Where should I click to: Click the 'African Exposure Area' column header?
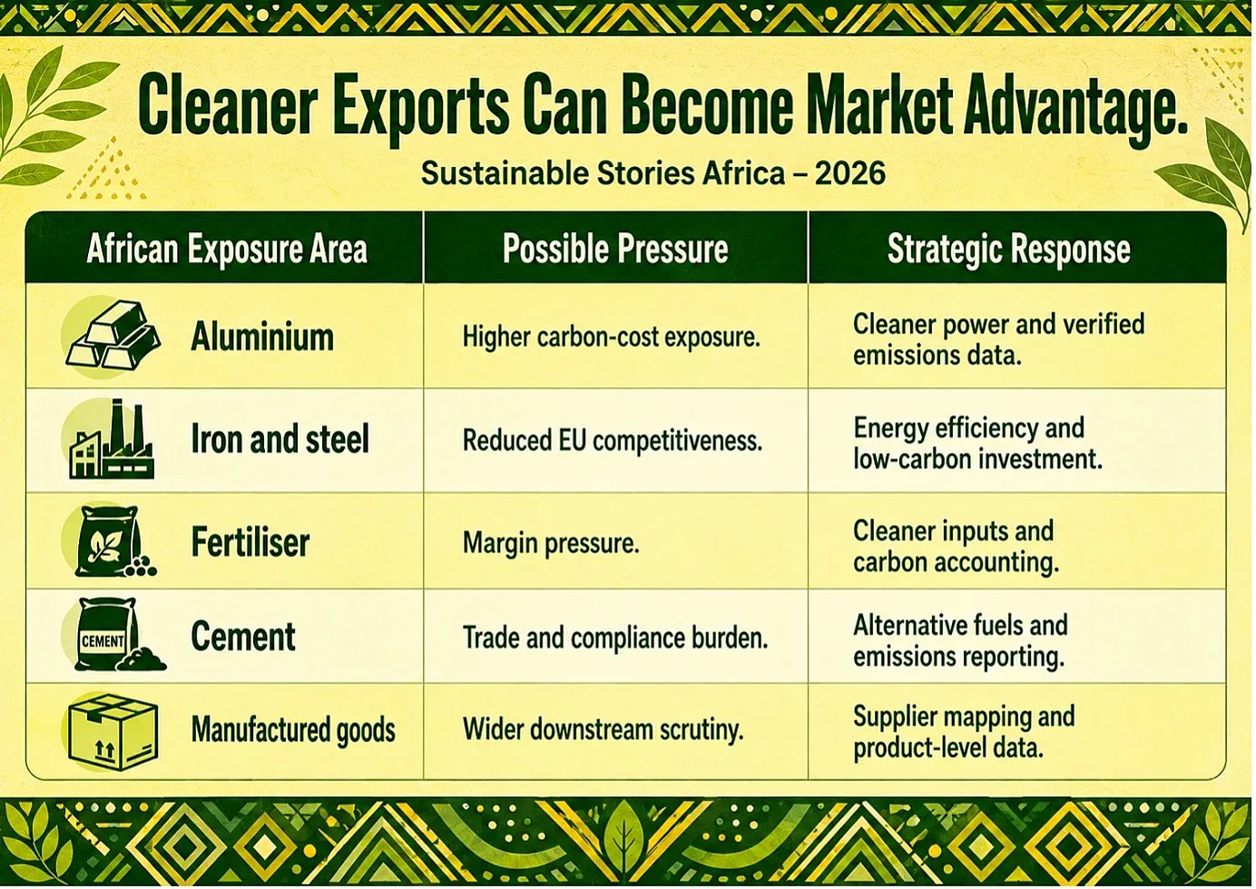click(x=227, y=249)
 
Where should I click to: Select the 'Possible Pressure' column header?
click(x=615, y=249)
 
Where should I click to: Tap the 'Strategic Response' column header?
click(x=1009, y=249)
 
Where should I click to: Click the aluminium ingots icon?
click(x=113, y=334)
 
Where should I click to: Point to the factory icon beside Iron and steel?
click(x=112, y=439)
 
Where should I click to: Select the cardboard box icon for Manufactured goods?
click(x=113, y=731)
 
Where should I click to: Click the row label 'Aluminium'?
click(x=262, y=337)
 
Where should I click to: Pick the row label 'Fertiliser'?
click(x=250, y=542)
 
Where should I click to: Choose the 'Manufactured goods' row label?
click(x=293, y=730)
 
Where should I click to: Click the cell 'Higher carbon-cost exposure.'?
click(x=611, y=337)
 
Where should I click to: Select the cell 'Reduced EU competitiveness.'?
click(x=613, y=441)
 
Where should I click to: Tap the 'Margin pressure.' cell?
click(x=551, y=543)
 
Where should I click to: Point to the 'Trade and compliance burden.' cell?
click(x=615, y=638)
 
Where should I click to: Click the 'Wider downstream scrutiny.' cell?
click(x=603, y=730)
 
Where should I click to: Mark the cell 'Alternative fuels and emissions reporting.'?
click(x=960, y=641)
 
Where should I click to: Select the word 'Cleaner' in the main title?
click(x=228, y=104)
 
